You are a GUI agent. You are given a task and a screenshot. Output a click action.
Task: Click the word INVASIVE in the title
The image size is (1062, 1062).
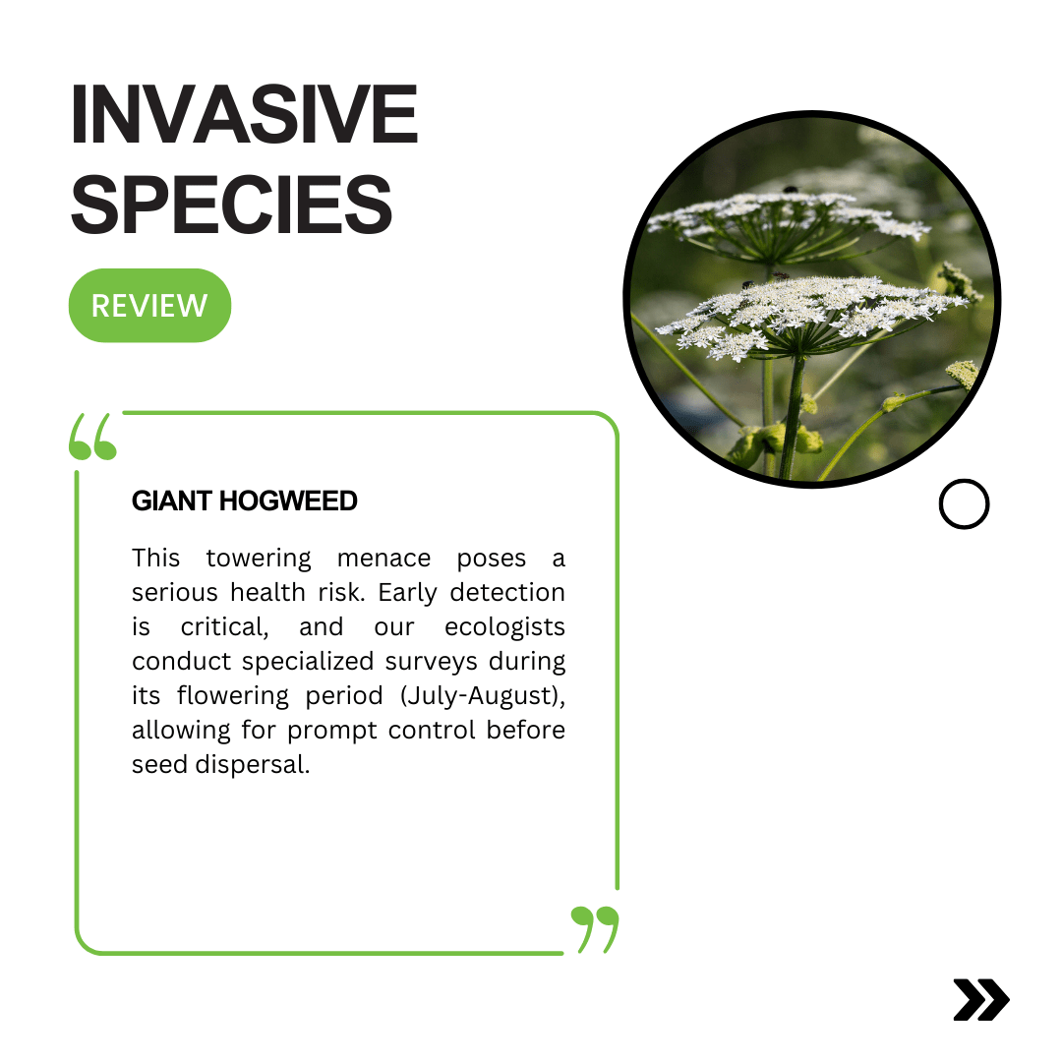click(245, 114)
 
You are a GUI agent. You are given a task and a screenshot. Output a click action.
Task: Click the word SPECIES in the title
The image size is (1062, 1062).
click(232, 204)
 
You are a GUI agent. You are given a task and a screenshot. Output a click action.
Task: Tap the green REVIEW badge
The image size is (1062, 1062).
click(149, 306)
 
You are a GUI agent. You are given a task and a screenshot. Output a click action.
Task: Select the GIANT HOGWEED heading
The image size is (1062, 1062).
click(245, 501)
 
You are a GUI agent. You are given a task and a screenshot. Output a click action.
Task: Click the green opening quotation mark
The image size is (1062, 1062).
click(92, 437)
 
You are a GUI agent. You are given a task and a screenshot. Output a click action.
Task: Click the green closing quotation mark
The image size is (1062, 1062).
click(595, 929)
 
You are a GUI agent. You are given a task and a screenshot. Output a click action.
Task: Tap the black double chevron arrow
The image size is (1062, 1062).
click(981, 999)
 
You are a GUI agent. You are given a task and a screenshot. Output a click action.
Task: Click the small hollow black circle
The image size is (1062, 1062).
click(964, 503)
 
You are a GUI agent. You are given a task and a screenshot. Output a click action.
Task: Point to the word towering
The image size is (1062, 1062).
click(259, 559)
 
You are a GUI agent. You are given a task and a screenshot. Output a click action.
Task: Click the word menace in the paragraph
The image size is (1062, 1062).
click(384, 559)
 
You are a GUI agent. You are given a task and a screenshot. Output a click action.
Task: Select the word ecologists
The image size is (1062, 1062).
click(504, 627)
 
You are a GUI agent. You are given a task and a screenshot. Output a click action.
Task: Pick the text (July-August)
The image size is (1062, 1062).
click(483, 696)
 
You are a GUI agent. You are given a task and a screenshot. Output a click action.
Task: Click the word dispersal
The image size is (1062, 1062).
click(253, 765)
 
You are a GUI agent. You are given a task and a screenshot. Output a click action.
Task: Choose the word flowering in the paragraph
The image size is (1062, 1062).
click(233, 696)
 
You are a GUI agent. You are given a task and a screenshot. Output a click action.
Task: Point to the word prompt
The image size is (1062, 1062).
click(332, 731)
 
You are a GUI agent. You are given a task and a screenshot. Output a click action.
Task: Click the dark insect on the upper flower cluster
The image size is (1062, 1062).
click(790, 190)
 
